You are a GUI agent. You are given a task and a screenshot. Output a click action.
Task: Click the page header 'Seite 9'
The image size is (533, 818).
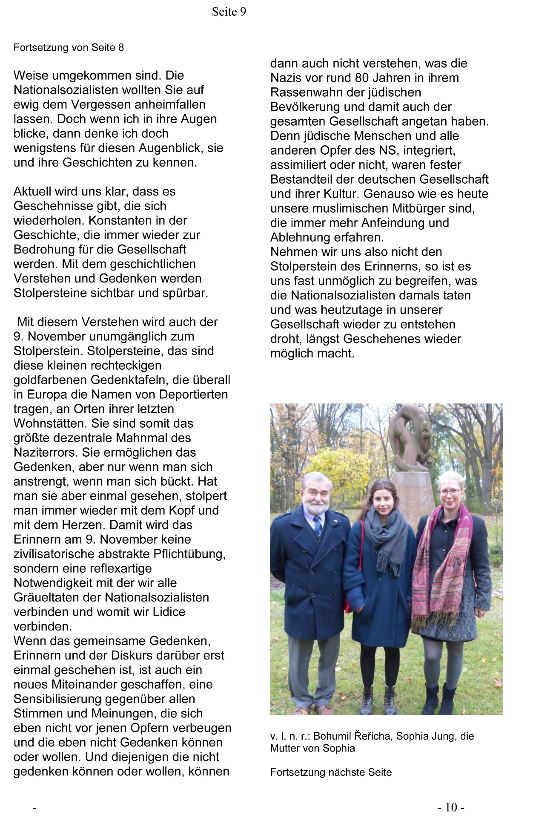pyautogui.click(x=229, y=12)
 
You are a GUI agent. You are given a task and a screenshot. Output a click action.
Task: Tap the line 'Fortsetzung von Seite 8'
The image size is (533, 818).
pyautogui.click(x=69, y=47)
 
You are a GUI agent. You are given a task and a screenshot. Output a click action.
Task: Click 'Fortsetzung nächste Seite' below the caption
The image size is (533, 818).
pyautogui.click(x=331, y=772)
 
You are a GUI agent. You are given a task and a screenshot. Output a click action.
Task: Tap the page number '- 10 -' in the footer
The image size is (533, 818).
pyautogui.click(x=451, y=807)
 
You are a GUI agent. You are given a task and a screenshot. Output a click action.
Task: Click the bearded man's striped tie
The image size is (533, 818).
pyautogui.click(x=318, y=525)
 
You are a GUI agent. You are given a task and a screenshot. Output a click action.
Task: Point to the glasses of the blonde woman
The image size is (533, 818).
pyautogui.click(x=450, y=492)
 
